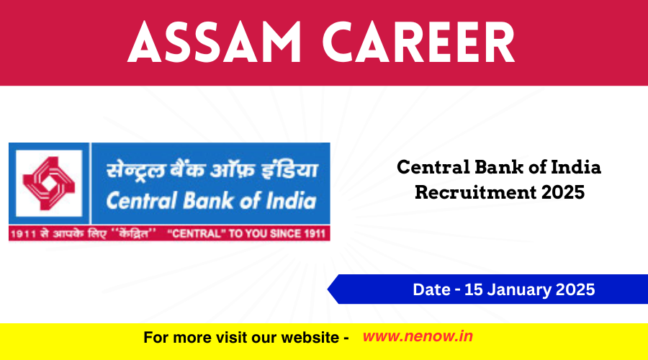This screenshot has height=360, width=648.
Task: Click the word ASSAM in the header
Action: pyautogui.click(x=215, y=42)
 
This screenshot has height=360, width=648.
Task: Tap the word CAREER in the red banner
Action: pyautogui.click(x=418, y=42)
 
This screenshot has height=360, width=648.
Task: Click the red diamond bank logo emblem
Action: pyautogui.click(x=49, y=183)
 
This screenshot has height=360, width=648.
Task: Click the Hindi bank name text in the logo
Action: pyautogui.click(x=212, y=169)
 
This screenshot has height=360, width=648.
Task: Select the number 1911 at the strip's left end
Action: pyautogui.click(x=24, y=234)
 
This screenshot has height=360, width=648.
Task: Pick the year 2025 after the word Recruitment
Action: pyautogui.click(x=563, y=192)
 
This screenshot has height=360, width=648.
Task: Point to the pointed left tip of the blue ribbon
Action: pyautogui.click(x=328, y=289)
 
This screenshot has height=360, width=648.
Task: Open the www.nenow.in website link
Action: pyautogui.click(x=418, y=336)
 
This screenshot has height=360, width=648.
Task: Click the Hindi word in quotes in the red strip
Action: pyautogui.click(x=136, y=234)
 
